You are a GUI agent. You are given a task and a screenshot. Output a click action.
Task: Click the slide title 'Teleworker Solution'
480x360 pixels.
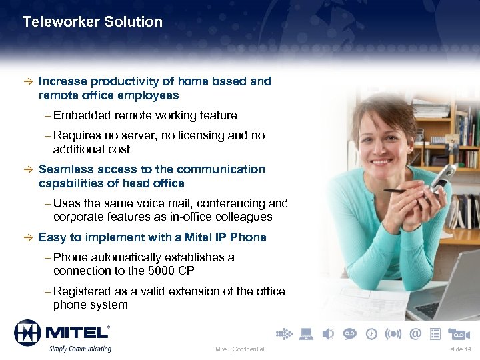pyautogui.click(x=92, y=21)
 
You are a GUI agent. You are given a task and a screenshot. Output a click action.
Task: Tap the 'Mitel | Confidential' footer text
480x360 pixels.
pyautogui.click(x=240, y=349)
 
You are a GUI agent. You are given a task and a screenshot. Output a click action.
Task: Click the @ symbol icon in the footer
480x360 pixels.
pyautogui.click(x=416, y=333)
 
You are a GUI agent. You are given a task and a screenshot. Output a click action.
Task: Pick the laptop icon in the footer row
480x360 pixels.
pyautogui.click(x=306, y=333)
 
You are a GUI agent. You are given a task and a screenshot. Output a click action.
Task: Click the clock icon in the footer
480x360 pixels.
pyautogui.click(x=371, y=333)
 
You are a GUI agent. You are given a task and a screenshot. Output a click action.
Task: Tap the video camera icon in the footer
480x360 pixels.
pyautogui.click(x=459, y=333)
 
